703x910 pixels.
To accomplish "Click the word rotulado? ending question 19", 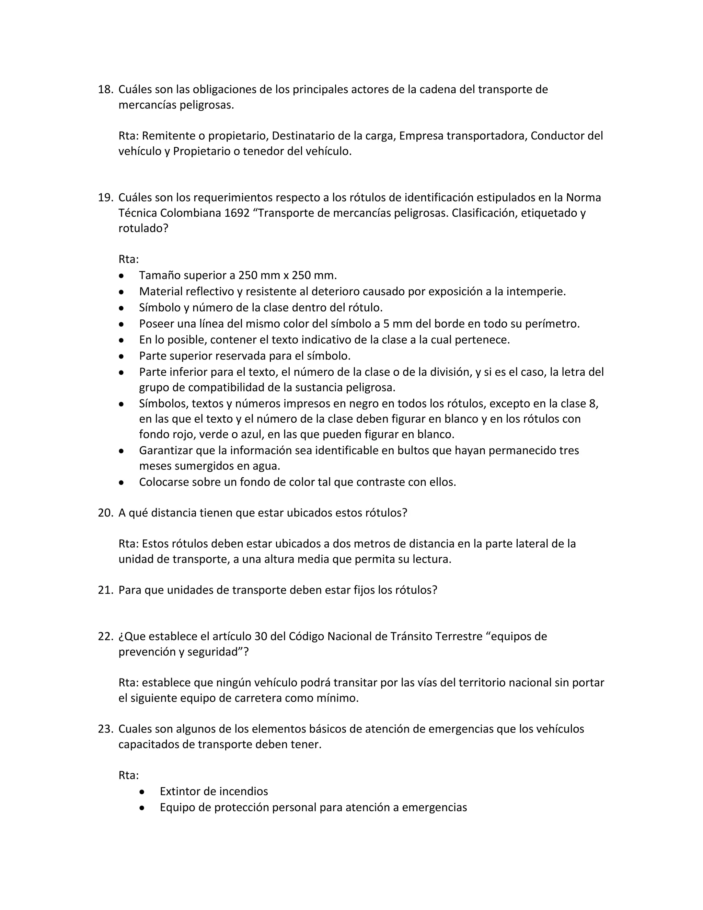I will point(143,229).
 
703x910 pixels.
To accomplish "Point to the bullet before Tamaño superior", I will point(121,276).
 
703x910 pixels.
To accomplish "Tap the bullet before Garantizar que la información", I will point(121,451).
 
